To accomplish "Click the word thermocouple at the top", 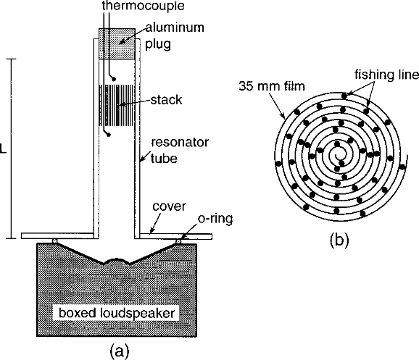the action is point(144,5).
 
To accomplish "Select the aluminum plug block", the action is point(117,43).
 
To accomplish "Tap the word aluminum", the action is point(175,28).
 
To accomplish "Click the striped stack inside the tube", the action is point(117,105).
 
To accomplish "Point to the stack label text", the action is point(166,100).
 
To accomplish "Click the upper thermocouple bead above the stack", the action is point(114,79).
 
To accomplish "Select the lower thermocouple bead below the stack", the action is point(109,135).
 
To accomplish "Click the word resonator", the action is point(180,143).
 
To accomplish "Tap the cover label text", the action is point(169,206).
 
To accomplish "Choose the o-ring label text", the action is point(215,219).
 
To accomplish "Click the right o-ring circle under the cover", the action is point(178,241).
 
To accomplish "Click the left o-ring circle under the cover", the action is point(55,241).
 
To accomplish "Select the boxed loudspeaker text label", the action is point(117,313).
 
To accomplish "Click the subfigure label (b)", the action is point(339,239).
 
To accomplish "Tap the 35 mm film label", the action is point(272,86).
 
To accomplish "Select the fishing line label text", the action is point(386,75).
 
